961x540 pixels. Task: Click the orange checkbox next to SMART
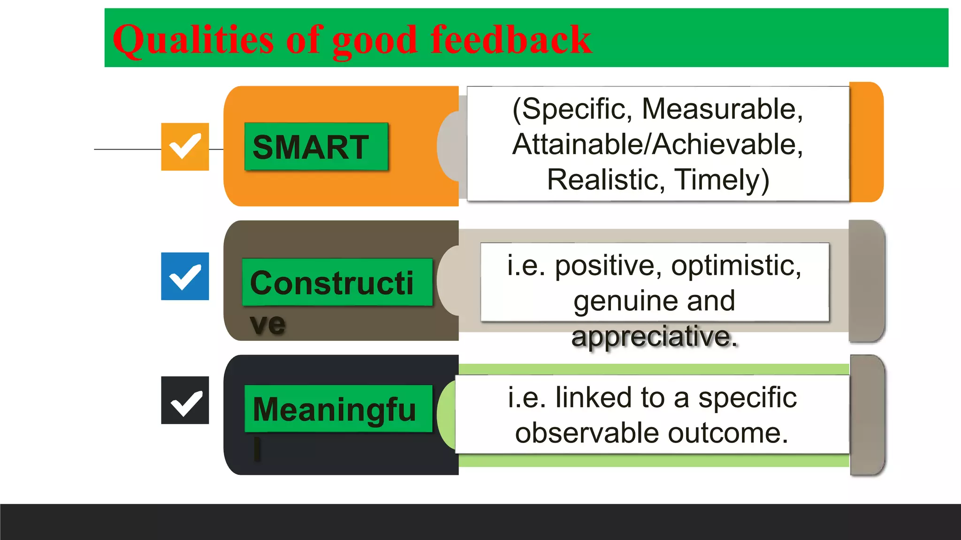(185, 147)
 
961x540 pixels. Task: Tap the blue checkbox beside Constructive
(185, 276)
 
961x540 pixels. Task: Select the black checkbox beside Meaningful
(185, 400)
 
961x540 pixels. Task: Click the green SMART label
(316, 147)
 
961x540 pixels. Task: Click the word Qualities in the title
(193, 40)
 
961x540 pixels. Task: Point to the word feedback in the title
(511, 39)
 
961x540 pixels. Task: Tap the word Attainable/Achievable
(657, 144)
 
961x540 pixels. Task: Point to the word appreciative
(654, 336)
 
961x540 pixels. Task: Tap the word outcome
(728, 433)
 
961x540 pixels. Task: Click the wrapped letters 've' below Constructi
(267, 324)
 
